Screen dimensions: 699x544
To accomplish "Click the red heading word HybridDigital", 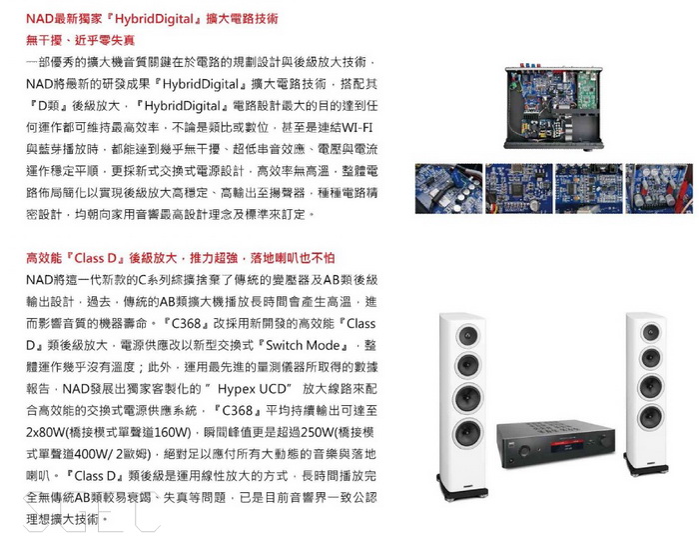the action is pyautogui.click(x=155, y=19).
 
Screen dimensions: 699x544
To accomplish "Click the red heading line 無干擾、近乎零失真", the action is pyautogui.click(x=80, y=41).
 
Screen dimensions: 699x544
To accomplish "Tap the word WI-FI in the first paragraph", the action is pyautogui.click(x=357, y=128).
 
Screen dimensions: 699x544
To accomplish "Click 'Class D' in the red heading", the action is pyautogui.click(x=96, y=258).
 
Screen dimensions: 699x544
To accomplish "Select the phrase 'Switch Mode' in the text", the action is pyautogui.click(x=303, y=345).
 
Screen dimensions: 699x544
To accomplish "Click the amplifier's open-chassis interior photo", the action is pyautogui.click(x=553, y=108).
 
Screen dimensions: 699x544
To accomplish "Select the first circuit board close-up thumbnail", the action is pyautogui.click(x=449, y=188).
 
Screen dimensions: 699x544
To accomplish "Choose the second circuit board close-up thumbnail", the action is pyautogui.click(x=519, y=188).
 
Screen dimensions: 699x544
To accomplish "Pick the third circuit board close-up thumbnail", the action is pyautogui.click(x=589, y=188).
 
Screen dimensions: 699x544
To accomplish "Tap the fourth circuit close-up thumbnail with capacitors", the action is pyautogui.click(x=659, y=188).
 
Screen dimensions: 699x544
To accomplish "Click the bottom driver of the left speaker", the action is pyautogui.click(x=468, y=431).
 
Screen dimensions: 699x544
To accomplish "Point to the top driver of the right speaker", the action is pyautogui.click(x=650, y=332).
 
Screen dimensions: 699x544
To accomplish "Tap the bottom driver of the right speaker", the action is pyautogui.click(x=650, y=416).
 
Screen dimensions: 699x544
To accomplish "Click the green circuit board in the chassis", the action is pyautogui.click(x=589, y=91).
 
